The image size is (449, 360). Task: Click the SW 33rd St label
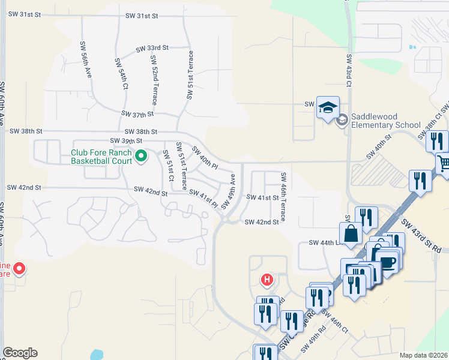(152, 48)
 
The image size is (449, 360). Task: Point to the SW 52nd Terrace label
(155, 79)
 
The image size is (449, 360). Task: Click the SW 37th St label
(137, 113)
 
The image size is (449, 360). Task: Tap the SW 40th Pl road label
(204, 157)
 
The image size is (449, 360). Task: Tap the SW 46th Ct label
(334, 322)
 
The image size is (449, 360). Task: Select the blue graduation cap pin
(328, 108)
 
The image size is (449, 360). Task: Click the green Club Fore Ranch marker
(141, 157)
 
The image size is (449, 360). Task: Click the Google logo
(20, 353)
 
